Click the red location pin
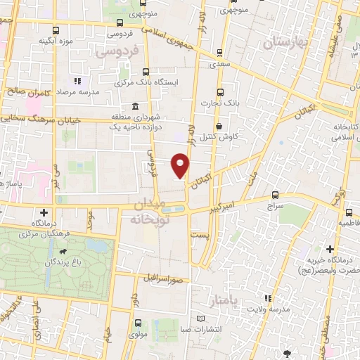click(x=181, y=165)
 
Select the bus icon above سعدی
click(x=219, y=52)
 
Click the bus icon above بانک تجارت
click(x=219, y=91)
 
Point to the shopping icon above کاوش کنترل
click(x=219, y=126)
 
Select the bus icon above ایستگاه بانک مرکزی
click(x=146, y=71)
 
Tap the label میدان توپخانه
click(x=148, y=211)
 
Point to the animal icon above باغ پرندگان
click(x=64, y=252)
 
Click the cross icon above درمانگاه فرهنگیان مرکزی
click(x=44, y=212)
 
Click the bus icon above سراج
click(x=274, y=196)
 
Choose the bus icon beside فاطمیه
click(x=349, y=212)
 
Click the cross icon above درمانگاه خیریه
click(x=330, y=248)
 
